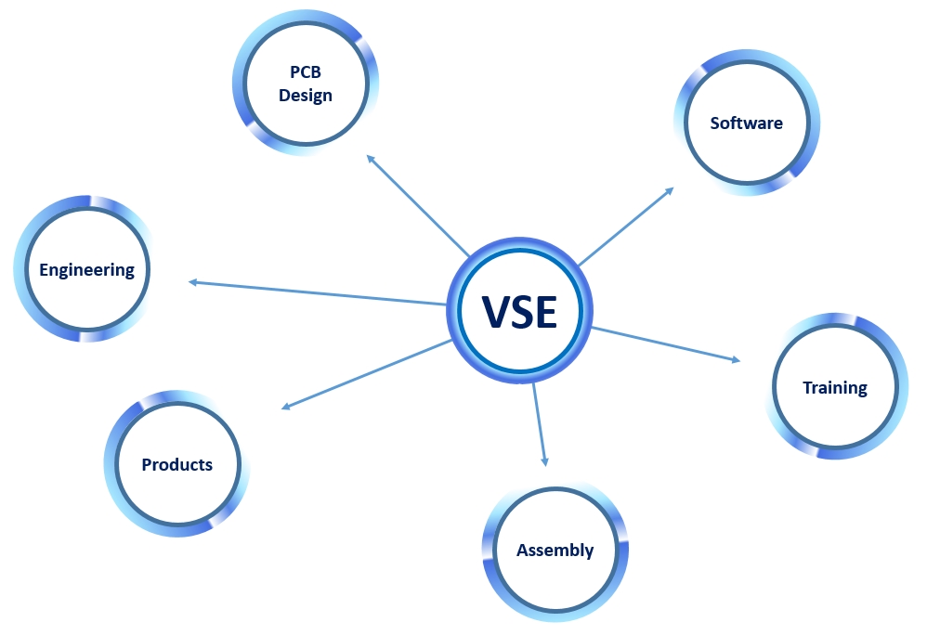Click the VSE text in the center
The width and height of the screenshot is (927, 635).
[519, 312]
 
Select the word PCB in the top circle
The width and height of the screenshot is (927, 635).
[306, 73]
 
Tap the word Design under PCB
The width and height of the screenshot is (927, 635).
[306, 96]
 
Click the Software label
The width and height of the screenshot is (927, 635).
[746, 123]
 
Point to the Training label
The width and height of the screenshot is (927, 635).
[834, 387]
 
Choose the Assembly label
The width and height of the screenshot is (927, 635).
[555, 550]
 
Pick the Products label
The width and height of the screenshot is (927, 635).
[176, 464]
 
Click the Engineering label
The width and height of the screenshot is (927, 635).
[86, 270]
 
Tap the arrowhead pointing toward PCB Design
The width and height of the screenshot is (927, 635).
[371, 158]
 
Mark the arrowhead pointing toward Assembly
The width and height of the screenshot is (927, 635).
[544, 460]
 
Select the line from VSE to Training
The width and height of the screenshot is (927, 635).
[664, 343]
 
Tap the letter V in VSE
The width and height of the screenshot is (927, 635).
[497, 312]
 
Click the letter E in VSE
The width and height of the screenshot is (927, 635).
[544, 312]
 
